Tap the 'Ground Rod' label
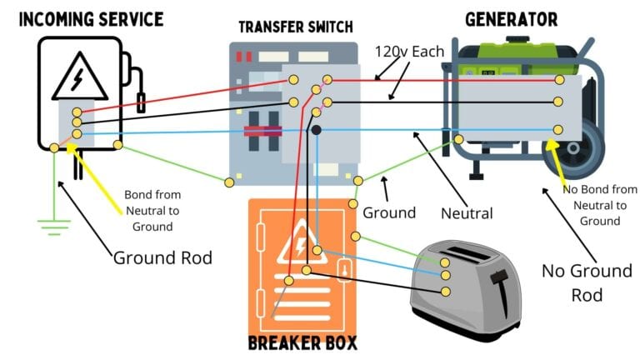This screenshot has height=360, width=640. point(164,257)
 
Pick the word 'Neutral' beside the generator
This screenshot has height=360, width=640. point(467,213)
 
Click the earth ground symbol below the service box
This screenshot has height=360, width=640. point(51,224)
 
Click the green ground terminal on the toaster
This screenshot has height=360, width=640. point(446,262)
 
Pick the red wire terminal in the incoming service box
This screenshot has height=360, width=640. point(77,112)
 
